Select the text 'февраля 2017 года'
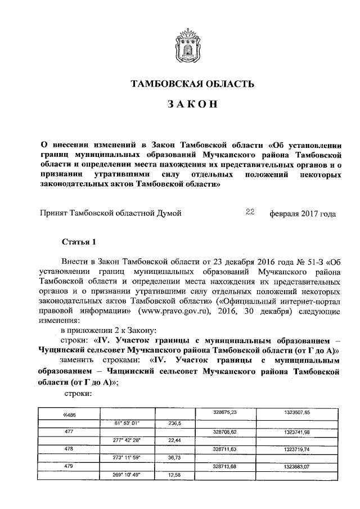[303, 214]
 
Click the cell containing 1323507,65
[296, 412]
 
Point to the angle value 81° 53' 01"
[127, 422]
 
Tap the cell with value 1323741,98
[296, 431]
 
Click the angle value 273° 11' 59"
[127, 458]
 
